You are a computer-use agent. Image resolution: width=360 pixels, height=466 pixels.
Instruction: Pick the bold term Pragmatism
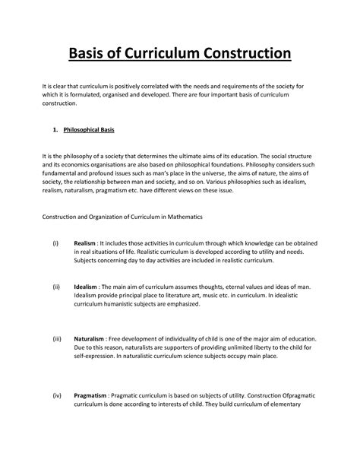(91, 395)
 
